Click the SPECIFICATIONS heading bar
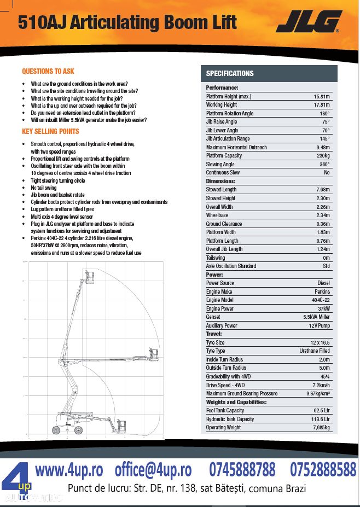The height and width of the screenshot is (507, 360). coord(230,73)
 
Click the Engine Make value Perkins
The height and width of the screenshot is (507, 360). coord(322,292)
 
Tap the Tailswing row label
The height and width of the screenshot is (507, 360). coord(215,258)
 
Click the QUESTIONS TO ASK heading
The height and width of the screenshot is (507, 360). coord(48,71)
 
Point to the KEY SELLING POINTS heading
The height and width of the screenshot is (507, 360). coord(50,131)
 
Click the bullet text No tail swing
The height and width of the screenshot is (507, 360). coord(44,187)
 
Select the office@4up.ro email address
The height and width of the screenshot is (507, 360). coord(153,469)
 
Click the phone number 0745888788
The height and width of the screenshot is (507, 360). coord(242,469)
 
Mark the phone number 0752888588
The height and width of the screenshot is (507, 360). coord(322,469)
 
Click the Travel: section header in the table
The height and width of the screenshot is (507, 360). coord(214,334)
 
